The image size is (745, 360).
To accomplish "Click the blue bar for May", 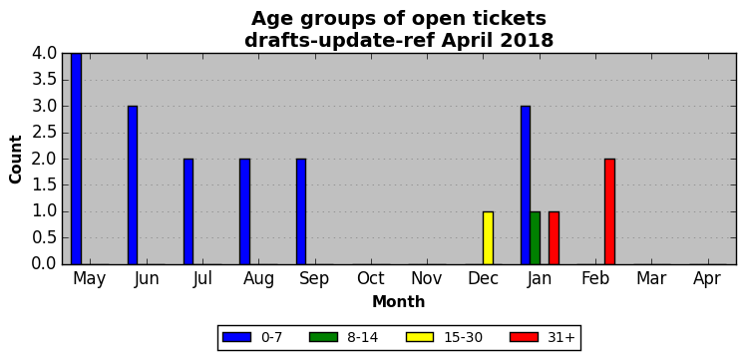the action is [x=76, y=159].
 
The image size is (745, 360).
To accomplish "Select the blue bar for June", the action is [x=133, y=185].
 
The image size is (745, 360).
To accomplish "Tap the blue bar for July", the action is [x=188, y=211].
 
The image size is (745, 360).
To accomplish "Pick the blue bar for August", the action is [x=244, y=211].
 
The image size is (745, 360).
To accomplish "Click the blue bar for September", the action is [x=301, y=211].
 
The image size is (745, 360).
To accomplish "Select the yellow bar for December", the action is [x=488, y=238].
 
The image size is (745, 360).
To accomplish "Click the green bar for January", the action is [x=535, y=238].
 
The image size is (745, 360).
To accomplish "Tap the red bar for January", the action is [x=554, y=238].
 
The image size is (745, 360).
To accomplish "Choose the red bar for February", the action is [x=610, y=211].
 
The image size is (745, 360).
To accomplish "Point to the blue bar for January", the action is [x=526, y=185].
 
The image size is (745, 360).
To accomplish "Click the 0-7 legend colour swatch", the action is [x=237, y=337].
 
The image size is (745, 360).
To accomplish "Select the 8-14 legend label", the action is [x=362, y=338].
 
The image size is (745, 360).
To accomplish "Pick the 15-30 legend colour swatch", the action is [x=420, y=337].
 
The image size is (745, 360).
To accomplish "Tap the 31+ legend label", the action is [x=561, y=338].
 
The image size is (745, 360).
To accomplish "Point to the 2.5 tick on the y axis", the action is [x=44, y=133].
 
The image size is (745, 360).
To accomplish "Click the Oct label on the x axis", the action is [x=371, y=279].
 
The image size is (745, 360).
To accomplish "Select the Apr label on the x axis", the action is [x=707, y=280].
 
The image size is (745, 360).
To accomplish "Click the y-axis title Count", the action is [x=16, y=160].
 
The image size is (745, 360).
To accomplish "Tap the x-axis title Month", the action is [x=399, y=301].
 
